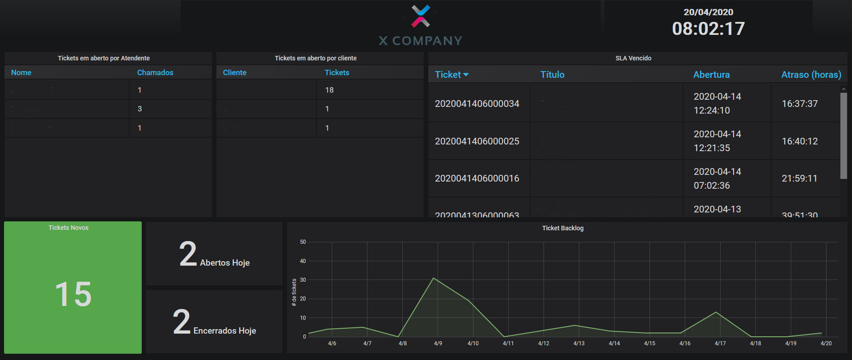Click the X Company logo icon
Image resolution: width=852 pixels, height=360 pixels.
click(x=421, y=16)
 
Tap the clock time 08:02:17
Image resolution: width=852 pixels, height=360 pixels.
click(x=708, y=29)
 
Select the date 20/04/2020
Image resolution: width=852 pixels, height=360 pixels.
click(x=708, y=12)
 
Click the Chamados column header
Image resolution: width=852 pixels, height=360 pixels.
click(x=155, y=72)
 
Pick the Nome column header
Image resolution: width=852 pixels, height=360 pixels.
click(x=21, y=72)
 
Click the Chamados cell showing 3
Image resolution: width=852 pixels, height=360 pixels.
click(x=139, y=109)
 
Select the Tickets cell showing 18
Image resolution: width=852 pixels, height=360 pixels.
click(x=329, y=90)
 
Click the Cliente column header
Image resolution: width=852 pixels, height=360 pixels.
click(x=234, y=72)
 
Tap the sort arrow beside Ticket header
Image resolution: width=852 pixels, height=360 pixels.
click(x=466, y=75)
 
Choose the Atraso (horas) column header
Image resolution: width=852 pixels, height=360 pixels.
click(x=811, y=75)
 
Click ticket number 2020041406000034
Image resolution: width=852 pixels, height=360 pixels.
click(x=477, y=104)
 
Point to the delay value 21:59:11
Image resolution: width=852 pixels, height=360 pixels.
click(x=799, y=178)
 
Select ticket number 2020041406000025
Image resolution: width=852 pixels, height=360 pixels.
click(x=477, y=141)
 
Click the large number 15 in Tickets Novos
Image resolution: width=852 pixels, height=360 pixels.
click(x=73, y=294)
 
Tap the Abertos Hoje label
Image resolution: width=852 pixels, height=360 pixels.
click(x=224, y=263)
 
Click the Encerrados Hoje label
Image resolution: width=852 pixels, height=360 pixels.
click(x=224, y=331)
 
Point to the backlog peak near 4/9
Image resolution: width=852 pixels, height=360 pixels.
click(x=434, y=278)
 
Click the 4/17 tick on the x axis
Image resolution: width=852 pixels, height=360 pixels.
click(x=720, y=343)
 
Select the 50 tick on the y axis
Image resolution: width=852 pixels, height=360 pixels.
click(x=303, y=242)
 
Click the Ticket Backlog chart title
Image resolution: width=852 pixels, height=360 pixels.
click(x=562, y=228)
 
